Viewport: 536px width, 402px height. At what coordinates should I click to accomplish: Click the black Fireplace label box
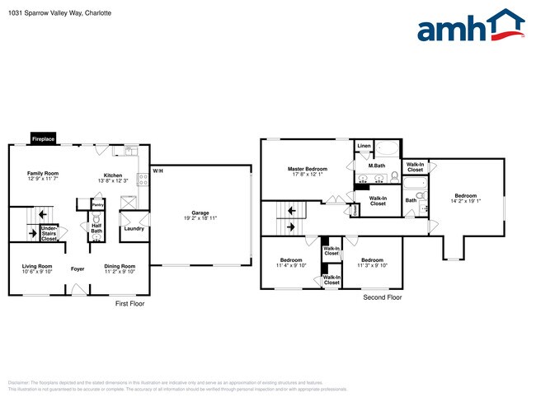pos(43,139)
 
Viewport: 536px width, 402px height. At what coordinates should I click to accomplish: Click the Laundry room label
pos(134,228)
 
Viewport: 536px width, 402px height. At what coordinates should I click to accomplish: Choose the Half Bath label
pos(96,229)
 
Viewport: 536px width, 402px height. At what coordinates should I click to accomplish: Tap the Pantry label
pos(97,204)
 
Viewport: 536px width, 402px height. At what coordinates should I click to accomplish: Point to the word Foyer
pos(78,269)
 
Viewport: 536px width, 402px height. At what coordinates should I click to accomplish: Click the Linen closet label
pos(364,147)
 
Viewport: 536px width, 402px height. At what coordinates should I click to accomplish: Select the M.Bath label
pos(377,166)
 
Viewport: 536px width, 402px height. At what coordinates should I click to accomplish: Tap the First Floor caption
pos(129,304)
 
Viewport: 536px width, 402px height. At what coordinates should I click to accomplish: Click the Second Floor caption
pos(383,297)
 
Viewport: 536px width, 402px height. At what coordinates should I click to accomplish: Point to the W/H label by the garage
pos(156,171)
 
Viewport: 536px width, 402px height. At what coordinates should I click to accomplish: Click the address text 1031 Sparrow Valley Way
pos(41,13)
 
